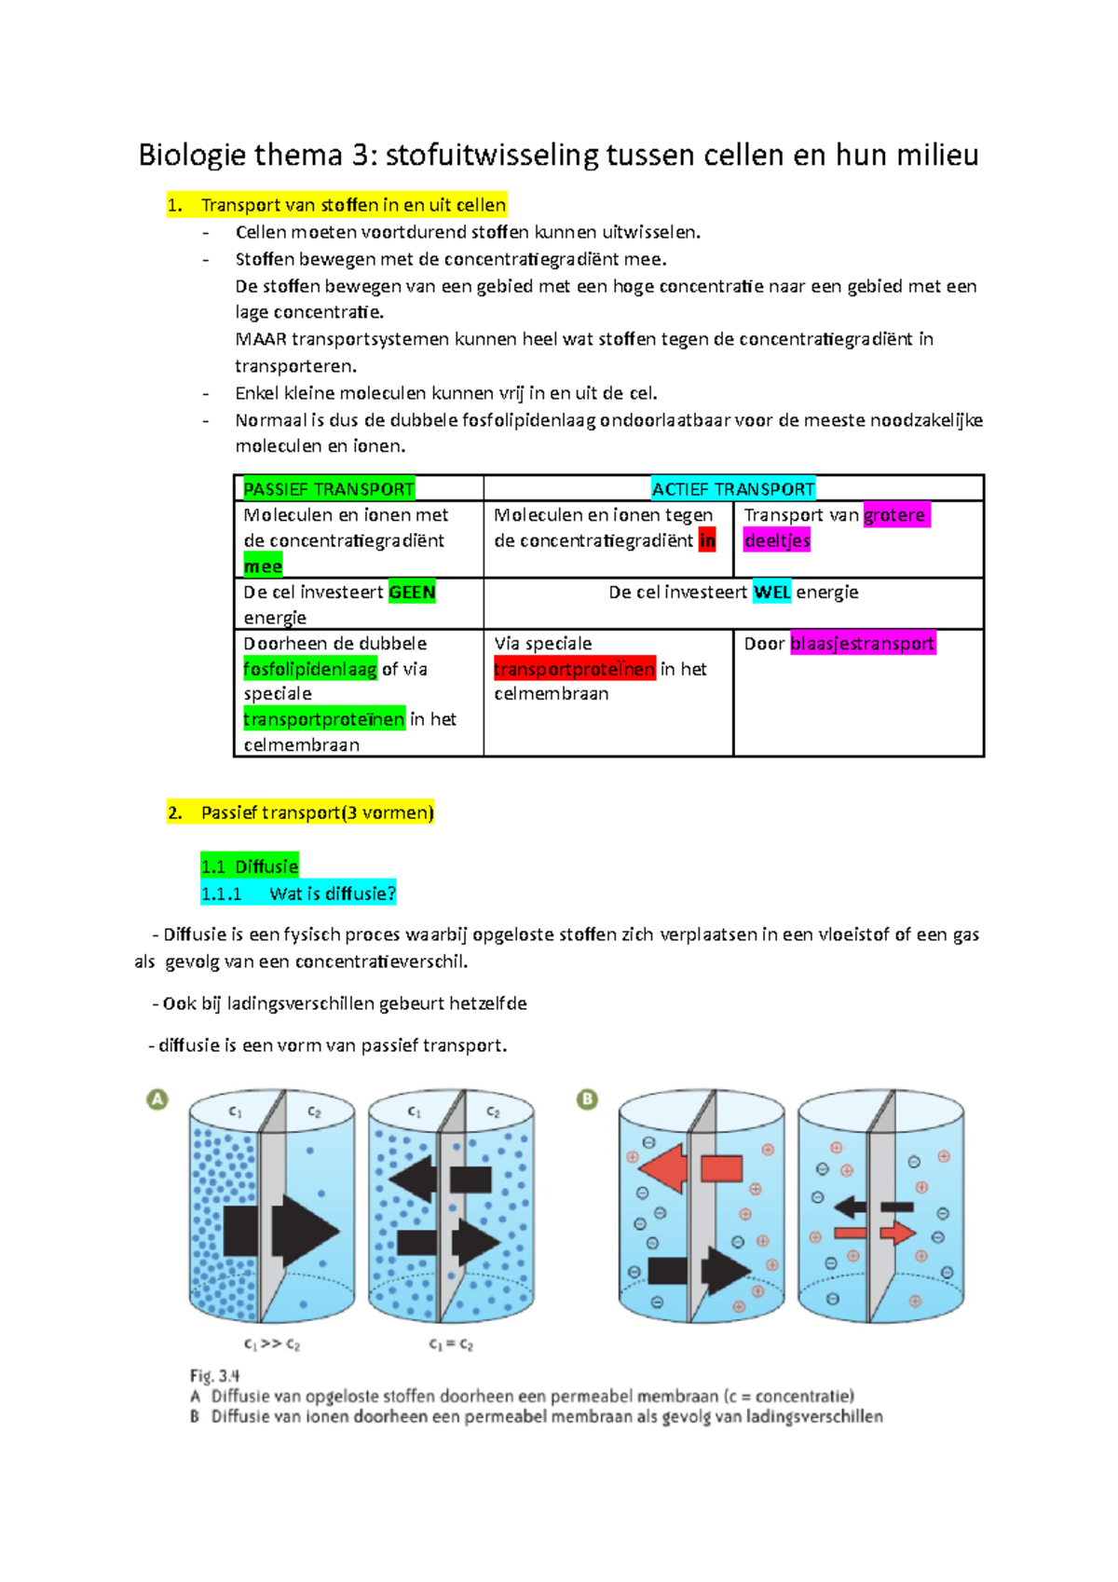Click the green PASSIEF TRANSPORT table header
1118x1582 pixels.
point(328,489)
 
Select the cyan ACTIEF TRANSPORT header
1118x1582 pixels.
point(733,489)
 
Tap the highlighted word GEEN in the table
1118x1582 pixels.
point(412,593)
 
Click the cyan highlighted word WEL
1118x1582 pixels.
point(771,593)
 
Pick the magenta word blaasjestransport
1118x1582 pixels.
point(862,644)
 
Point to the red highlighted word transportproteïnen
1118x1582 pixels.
point(574,669)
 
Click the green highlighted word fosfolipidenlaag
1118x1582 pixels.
point(310,669)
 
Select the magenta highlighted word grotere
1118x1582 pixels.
point(895,515)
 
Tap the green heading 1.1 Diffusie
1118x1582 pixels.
point(250,866)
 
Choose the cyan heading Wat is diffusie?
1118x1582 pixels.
point(332,893)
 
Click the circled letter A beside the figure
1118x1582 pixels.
point(157,1099)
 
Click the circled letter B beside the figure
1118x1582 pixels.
point(587,1099)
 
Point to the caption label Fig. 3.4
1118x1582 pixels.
point(215,1375)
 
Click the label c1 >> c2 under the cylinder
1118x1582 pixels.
point(271,1344)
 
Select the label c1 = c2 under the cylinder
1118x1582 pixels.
point(451,1344)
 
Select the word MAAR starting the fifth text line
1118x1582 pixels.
point(261,339)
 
